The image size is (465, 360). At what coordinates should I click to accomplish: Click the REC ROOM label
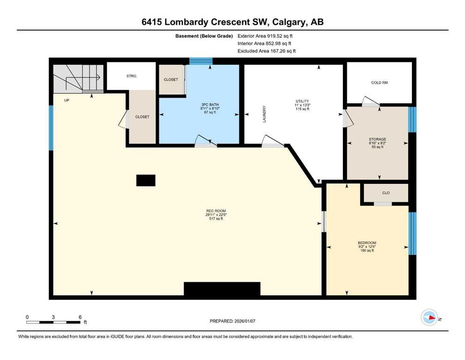coord(216,211)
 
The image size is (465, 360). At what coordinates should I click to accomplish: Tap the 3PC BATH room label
coord(210,105)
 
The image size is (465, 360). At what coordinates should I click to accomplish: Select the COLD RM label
coord(379,82)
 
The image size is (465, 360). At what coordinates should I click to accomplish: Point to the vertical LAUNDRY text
coord(264,114)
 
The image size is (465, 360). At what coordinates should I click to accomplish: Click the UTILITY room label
coord(302,101)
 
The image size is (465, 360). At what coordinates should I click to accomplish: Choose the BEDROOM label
coord(367,243)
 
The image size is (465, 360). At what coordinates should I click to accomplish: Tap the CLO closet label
coord(386,193)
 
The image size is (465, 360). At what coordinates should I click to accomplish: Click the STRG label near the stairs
coord(132,76)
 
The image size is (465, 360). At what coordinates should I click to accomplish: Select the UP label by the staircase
coord(66,100)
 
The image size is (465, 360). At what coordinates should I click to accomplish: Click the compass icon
coord(429,317)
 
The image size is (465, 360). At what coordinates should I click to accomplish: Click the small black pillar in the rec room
coord(146,180)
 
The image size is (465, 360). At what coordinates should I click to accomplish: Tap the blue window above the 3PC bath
coord(201,61)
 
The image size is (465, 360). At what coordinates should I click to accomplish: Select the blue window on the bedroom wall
coord(412,233)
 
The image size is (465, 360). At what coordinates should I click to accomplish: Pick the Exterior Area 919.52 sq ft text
coord(265,36)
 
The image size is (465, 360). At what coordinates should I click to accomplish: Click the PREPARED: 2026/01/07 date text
coord(232,321)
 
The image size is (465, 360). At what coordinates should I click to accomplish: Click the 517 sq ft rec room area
coord(216,219)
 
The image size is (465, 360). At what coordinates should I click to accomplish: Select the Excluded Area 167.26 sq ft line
coord(266,51)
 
